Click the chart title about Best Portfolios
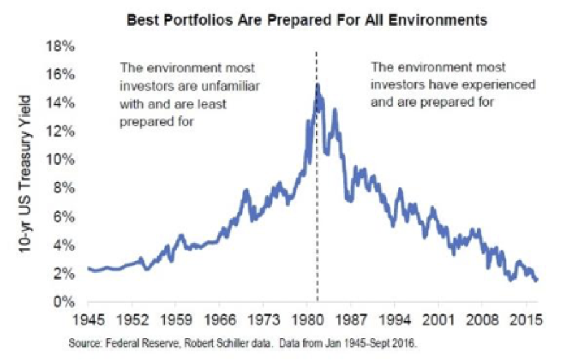[306, 20]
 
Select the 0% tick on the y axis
[64, 303]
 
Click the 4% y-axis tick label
[64, 246]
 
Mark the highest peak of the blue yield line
[318, 85]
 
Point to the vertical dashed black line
[316, 187]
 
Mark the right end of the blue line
[536, 280]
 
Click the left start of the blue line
[89, 269]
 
